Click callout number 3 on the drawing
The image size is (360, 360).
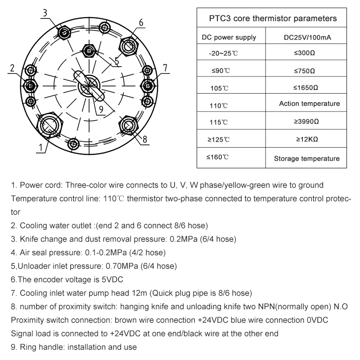[45, 13]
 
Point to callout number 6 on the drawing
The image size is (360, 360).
[141, 22]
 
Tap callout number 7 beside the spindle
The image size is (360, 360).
[165, 68]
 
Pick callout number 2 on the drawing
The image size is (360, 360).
[13, 68]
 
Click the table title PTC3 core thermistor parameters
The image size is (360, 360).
[273, 19]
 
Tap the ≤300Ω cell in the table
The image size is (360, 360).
[304, 53]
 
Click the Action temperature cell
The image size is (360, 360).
[309, 103]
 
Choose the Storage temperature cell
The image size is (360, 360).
[307, 158]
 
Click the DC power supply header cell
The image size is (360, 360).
[229, 38]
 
